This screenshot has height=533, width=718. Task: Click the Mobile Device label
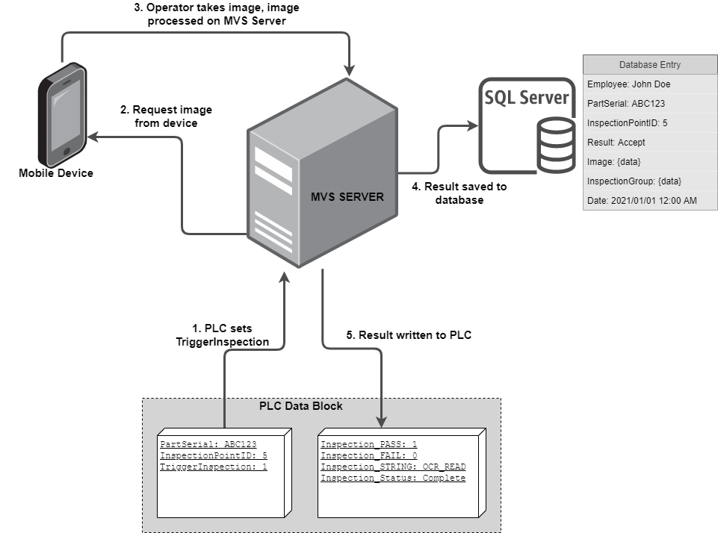point(56,173)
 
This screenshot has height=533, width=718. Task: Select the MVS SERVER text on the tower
point(347,197)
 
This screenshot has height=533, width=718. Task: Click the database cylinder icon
point(555,146)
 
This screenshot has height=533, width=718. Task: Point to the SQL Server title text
point(527,98)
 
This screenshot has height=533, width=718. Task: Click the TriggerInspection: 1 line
point(214,467)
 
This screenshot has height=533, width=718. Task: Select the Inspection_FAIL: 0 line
point(369,455)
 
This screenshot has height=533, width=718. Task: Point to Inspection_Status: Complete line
point(393,478)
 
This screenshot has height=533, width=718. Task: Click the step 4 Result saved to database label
point(459,193)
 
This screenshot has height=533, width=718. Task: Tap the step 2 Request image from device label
point(166,116)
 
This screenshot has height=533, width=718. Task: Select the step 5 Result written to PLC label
point(408,335)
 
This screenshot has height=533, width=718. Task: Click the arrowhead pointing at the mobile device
point(90,137)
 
